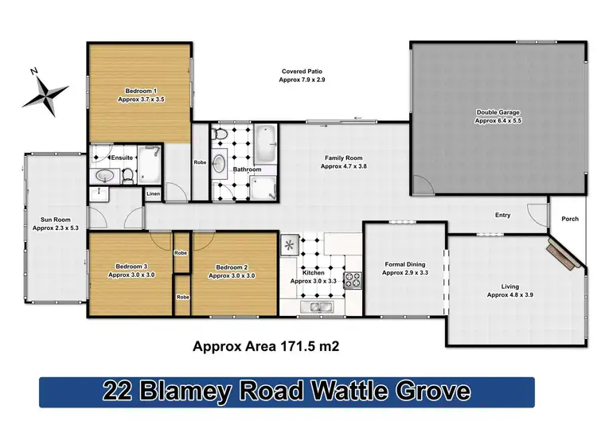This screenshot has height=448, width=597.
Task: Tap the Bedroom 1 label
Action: (x=140, y=91)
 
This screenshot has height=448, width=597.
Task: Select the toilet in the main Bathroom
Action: (x=222, y=134)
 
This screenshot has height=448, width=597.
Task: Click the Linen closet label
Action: (x=152, y=193)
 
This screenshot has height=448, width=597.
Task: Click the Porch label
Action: (x=570, y=220)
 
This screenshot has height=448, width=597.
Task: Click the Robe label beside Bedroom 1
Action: (x=200, y=162)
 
